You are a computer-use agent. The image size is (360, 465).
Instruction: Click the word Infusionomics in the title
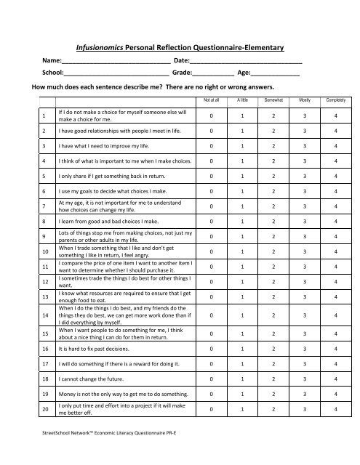[116, 47]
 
